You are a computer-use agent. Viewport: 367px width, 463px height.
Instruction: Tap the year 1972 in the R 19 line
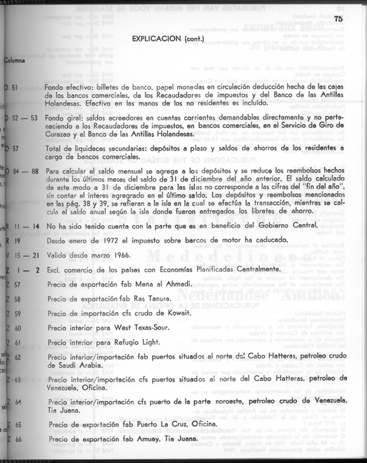point(101,240)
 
